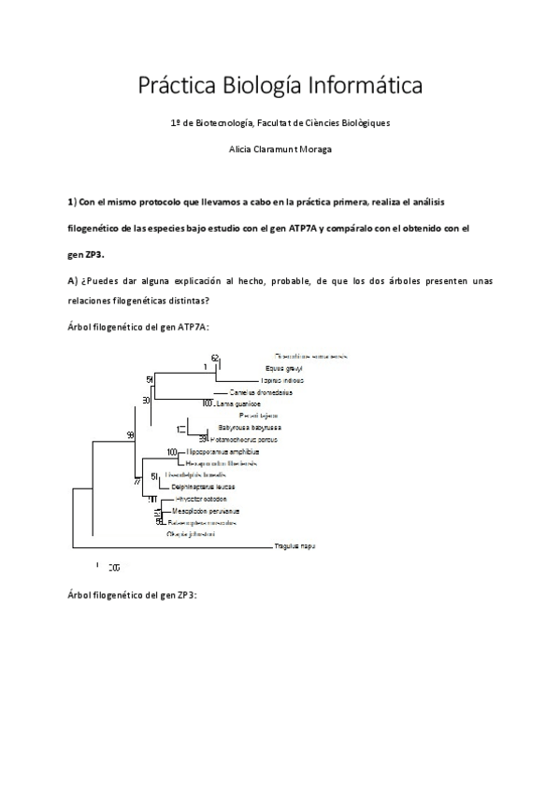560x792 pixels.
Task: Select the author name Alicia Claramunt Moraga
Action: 280,148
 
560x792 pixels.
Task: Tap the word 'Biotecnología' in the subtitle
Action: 234,122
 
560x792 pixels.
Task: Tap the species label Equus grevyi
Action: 285,369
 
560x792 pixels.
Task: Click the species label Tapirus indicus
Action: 282,381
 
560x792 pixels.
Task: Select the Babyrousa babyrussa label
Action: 246,427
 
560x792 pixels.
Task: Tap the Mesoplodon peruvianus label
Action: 206,511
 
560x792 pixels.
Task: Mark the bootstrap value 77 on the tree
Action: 137,482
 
